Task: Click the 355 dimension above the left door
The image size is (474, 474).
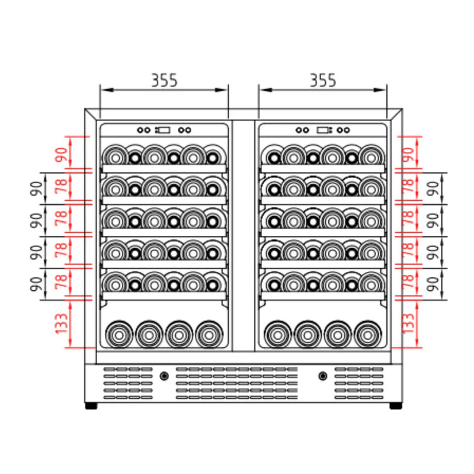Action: click(x=164, y=81)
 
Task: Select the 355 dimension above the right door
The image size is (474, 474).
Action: click(x=323, y=81)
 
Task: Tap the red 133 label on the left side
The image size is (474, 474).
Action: click(x=62, y=324)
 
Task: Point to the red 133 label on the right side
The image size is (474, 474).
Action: click(x=407, y=324)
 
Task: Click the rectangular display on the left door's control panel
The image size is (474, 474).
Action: click(x=163, y=130)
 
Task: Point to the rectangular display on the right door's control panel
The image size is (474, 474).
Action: click(x=324, y=130)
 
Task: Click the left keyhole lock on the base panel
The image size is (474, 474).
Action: click(x=164, y=376)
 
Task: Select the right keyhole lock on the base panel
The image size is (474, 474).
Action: click(x=323, y=376)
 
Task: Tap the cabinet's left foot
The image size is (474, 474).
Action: click(x=91, y=406)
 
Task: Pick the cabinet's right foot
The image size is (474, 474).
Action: click(x=395, y=406)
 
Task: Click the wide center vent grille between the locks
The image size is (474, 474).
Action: click(x=236, y=383)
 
